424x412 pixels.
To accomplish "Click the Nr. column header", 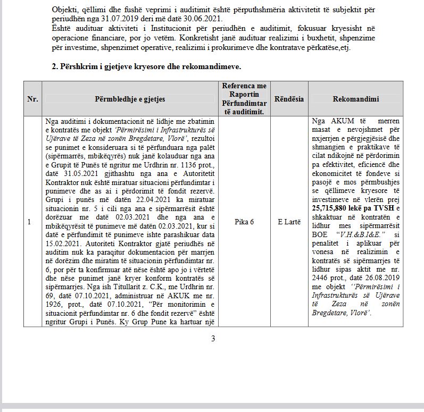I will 32,99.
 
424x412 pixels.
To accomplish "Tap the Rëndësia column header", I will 289,99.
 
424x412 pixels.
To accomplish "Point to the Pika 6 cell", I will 244,222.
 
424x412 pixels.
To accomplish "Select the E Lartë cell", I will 289,222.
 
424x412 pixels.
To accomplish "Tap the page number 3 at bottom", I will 213,339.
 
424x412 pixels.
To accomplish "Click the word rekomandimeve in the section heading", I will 214,67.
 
